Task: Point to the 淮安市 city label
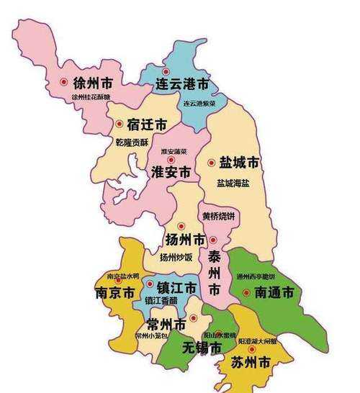pyautogui.click(x=171, y=173)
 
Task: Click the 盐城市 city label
pyautogui.click(x=239, y=163)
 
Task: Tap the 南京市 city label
pyautogui.click(x=114, y=294)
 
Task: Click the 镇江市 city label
pyautogui.click(x=176, y=288)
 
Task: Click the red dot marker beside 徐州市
pyautogui.click(x=65, y=82)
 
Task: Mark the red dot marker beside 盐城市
pyautogui.click(x=211, y=163)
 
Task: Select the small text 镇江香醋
pyautogui.click(x=161, y=300)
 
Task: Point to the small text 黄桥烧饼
pyautogui.click(x=220, y=216)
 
